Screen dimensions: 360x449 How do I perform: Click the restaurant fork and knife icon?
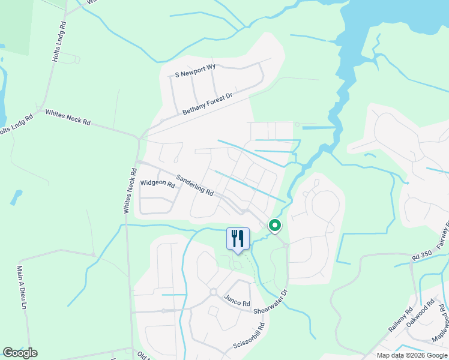[238, 238]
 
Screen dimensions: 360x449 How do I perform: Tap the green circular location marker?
[275, 226]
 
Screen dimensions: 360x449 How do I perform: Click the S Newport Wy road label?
[195, 71]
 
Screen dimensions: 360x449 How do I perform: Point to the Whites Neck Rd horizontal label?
[67, 117]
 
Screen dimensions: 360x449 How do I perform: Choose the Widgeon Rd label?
[157, 184]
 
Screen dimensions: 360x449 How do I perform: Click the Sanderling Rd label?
[194, 185]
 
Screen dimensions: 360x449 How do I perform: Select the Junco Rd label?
[237, 301]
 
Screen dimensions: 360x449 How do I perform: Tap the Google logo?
[20, 353]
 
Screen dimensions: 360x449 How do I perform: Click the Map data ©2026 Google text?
[412, 355]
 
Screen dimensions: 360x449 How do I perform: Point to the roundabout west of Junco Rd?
[213, 292]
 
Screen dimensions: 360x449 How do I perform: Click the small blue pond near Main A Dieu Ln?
[16, 196]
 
